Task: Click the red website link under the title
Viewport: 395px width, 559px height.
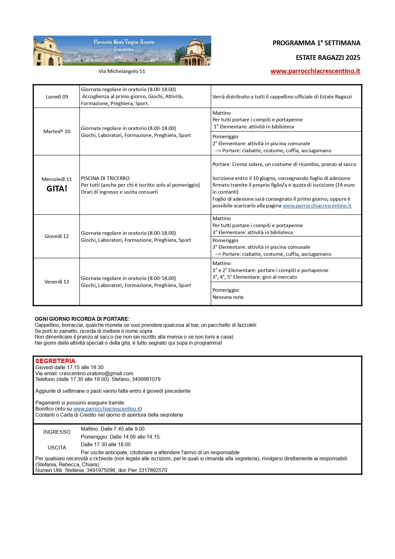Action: pos(315,71)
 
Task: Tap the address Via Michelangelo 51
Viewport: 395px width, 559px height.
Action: pos(122,71)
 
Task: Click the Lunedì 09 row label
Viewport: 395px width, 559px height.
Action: pos(57,97)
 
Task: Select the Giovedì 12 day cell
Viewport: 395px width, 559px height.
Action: pos(57,236)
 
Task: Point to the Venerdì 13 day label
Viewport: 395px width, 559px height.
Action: pos(57,282)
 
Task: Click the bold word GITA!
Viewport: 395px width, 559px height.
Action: pos(57,189)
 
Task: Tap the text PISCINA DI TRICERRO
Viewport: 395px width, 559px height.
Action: pos(105,178)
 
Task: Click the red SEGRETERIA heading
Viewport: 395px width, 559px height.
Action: pos(55,361)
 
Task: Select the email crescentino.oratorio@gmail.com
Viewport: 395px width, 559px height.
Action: pos(96,373)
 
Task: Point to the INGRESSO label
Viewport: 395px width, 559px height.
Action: pos(57,432)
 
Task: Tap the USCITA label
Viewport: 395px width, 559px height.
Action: pos(57,448)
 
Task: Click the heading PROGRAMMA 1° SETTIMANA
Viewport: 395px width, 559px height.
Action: pos(316,43)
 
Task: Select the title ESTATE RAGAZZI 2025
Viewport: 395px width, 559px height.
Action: pos(328,58)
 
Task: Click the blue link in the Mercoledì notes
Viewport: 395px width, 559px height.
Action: pos(317,206)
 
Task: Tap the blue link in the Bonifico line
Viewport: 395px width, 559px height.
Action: pos(107,409)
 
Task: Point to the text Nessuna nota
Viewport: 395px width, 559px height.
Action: pos(228,297)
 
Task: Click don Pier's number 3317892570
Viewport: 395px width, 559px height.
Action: pos(153,470)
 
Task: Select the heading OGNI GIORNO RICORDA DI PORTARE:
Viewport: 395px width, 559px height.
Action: pos(82,319)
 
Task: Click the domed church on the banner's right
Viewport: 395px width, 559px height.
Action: pos(195,51)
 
